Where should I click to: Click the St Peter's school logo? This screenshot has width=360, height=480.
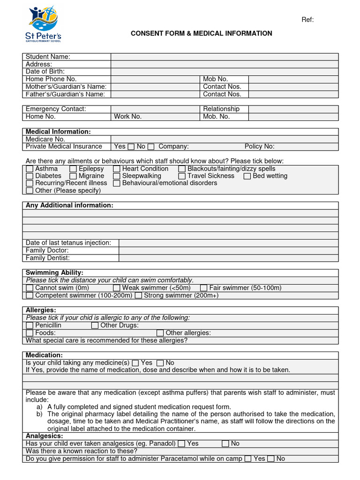tap(43, 24)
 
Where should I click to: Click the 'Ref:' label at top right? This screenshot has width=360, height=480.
tap(307, 19)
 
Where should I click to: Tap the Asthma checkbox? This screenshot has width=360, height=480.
tap(30, 169)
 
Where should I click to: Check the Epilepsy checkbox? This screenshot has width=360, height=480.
tap(73, 169)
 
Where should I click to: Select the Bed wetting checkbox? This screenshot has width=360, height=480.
tap(247, 176)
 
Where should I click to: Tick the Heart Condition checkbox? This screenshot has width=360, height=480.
tap(117, 169)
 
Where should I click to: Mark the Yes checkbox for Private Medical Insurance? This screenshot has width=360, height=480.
tap(131, 147)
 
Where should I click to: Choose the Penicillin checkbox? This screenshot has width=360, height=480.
tap(30, 325)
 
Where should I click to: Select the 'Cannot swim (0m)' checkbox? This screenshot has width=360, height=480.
tap(30, 288)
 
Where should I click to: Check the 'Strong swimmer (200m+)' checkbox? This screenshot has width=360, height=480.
tap(138, 296)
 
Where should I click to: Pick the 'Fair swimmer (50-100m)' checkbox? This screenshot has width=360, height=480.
tap(203, 288)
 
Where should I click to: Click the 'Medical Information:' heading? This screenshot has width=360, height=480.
tap(58, 132)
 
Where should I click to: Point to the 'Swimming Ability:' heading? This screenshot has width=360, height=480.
tap(54, 273)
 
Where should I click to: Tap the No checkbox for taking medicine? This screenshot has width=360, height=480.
tap(160, 363)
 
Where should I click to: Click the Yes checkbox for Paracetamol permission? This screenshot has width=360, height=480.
tap(247, 459)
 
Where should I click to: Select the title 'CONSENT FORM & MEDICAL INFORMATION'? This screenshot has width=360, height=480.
tap(201, 33)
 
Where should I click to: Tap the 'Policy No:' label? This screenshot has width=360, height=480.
tap(259, 147)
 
